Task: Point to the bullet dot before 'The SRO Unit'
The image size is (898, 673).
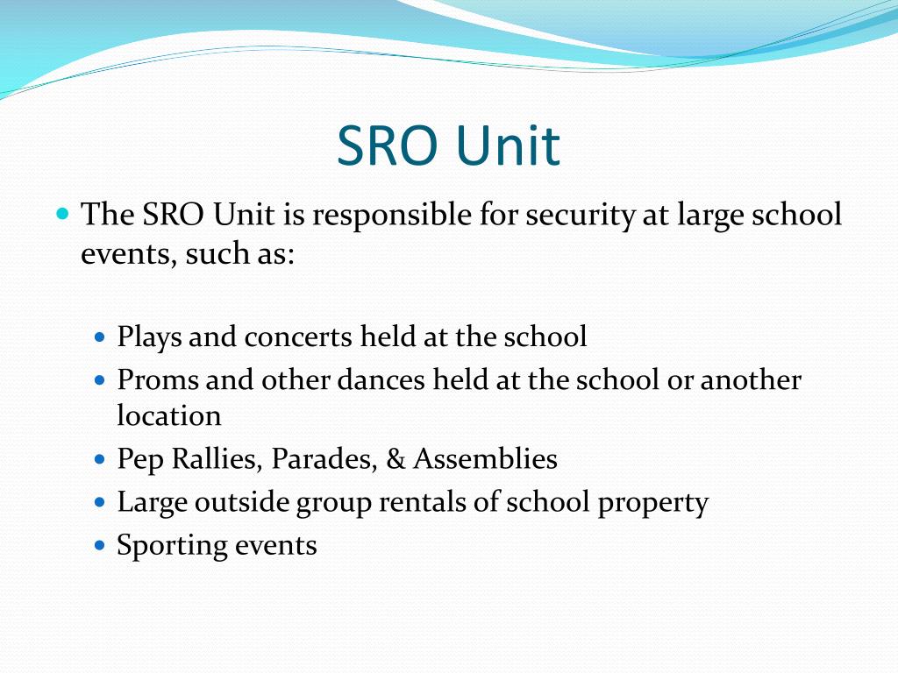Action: pos(62,213)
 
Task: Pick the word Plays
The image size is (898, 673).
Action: pos(150,337)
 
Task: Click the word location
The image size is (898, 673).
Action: pos(169,415)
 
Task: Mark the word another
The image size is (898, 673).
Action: pos(751,381)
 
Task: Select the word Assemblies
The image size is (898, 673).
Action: pos(485,459)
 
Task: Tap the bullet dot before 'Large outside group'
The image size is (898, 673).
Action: pos(99,502)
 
